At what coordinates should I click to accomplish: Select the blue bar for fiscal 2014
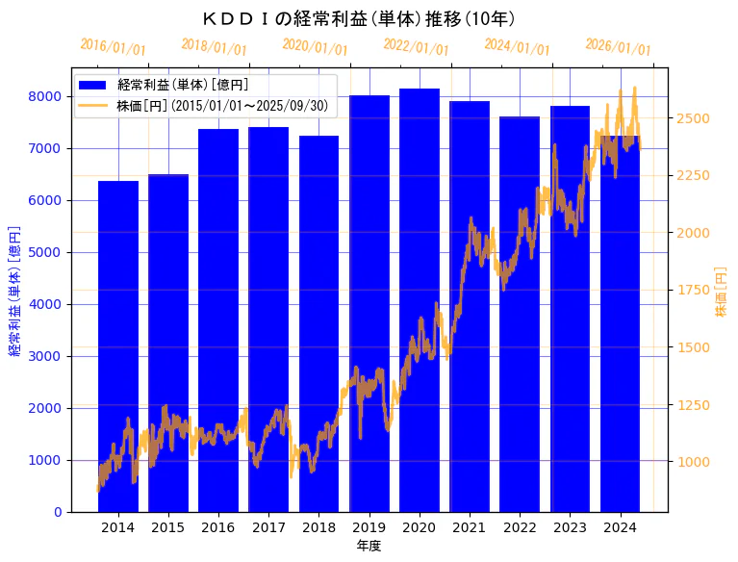(118, 346)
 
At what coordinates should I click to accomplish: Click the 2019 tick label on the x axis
(369, 527)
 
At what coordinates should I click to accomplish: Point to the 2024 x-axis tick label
(621, 527)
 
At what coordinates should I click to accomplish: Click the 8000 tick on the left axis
(46, 96)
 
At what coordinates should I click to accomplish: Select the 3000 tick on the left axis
(46, 356)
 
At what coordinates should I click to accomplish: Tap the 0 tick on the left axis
(58, 512)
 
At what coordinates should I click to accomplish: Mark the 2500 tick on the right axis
(694, 118)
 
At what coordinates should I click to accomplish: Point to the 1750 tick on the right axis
(694, 290)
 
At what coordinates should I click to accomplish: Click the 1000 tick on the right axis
(694, 462)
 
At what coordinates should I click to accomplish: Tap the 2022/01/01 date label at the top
(416, 46)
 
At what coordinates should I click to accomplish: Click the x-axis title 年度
(369, 546)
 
